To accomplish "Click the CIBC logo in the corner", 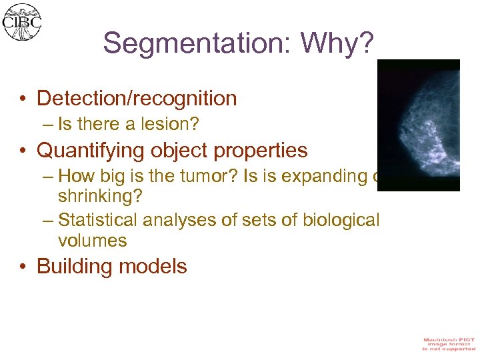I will point(21,22).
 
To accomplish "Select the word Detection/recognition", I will point(137,99).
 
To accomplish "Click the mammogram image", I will point(419,125).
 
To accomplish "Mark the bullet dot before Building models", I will point(23,267).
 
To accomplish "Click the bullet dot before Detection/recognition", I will point(23,99).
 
